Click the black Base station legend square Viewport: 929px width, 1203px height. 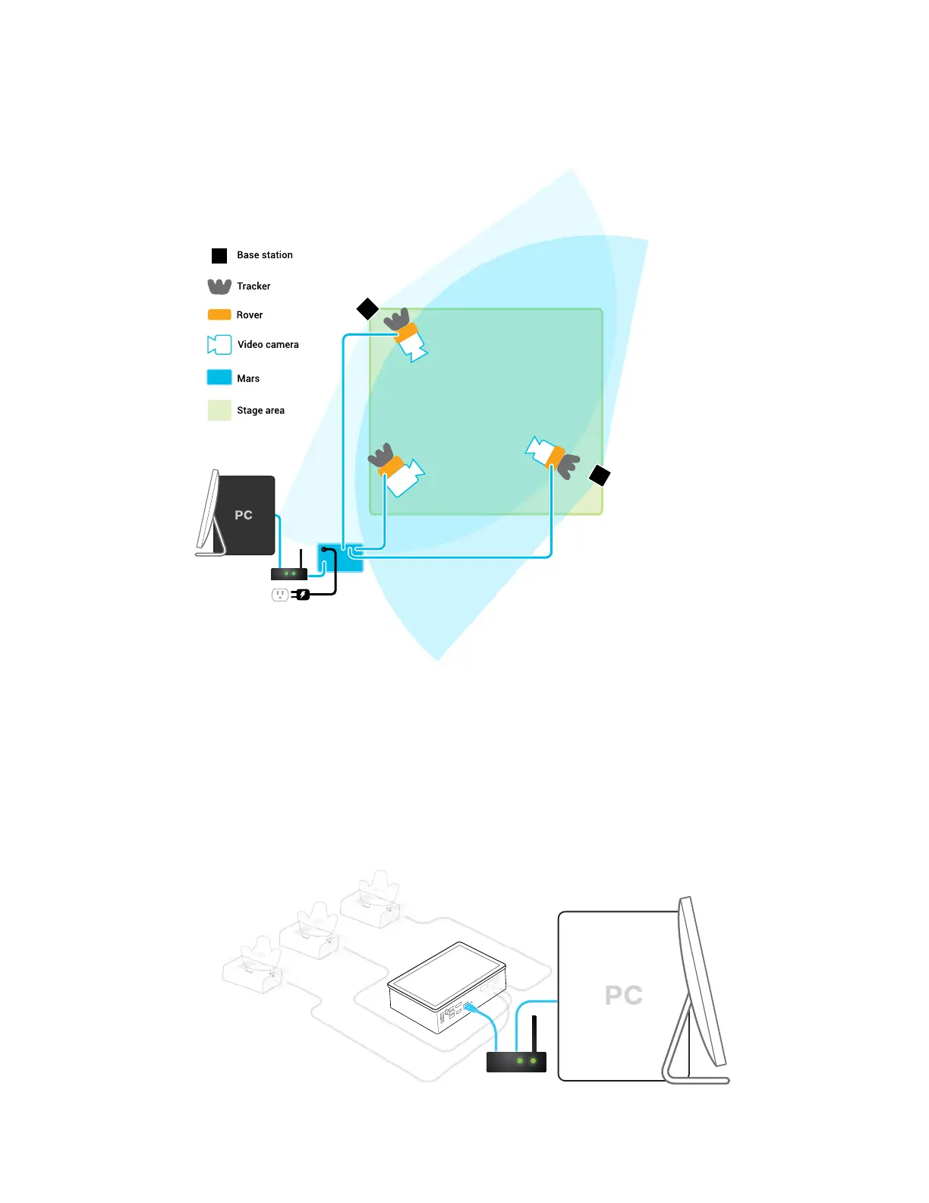point(219,256)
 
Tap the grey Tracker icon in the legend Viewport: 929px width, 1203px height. point(219,286)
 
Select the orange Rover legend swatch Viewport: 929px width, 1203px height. point(219,314)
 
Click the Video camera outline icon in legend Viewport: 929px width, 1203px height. point(219,345)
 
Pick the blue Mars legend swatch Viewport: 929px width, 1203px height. point(219,377)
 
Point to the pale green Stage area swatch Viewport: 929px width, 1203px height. point(219,410)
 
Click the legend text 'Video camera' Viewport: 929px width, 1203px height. point(268,345)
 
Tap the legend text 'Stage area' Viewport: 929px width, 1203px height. point(260,411)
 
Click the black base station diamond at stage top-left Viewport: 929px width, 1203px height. point(367,309)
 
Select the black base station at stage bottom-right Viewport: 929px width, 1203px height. point(600,475)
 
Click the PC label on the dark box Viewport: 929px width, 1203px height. point(244,515)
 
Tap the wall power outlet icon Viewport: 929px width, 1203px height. point(280,595)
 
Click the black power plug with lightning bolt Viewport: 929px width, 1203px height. point(303,595)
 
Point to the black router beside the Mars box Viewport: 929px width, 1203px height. point(289,573)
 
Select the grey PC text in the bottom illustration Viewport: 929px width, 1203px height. point(624,995)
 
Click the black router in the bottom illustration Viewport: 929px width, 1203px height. point(516,1060)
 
